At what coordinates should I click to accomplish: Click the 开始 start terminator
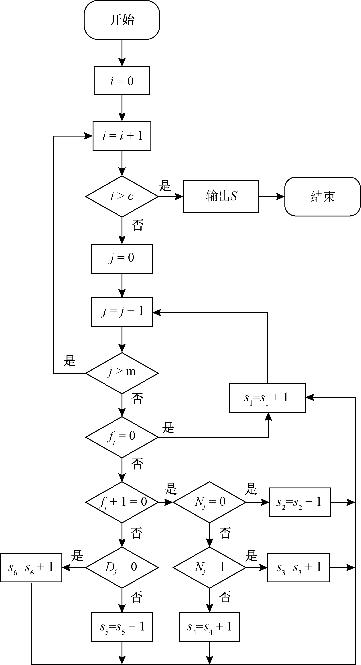(122, 20)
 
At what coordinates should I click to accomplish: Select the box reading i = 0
(122, 81)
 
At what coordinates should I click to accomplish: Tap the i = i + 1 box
(122, 136)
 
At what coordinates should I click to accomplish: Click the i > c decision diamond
(122, 196)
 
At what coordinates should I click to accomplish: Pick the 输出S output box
(221, 196)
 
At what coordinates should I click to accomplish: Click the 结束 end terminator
(322, 196)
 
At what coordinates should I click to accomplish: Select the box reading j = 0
(122, 258)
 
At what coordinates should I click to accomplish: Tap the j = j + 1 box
(122, 312)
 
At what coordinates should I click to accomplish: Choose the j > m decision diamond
(122, 373)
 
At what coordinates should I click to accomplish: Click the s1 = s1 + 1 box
(267, 398)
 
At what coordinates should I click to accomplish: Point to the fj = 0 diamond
(122, 437)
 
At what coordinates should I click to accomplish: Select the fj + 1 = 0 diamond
(122, 502)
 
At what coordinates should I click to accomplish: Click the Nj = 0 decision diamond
(209, 502)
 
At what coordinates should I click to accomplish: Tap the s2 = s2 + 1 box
(300, 502)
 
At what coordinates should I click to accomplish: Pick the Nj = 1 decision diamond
(209, 567)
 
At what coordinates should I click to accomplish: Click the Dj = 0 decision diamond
(122, 567)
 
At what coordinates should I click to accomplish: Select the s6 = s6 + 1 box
(31, 567)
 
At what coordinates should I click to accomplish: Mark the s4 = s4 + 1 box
(209, 627)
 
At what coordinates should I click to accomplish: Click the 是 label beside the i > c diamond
(165, 185)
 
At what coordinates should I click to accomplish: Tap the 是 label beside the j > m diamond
(69, 361)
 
